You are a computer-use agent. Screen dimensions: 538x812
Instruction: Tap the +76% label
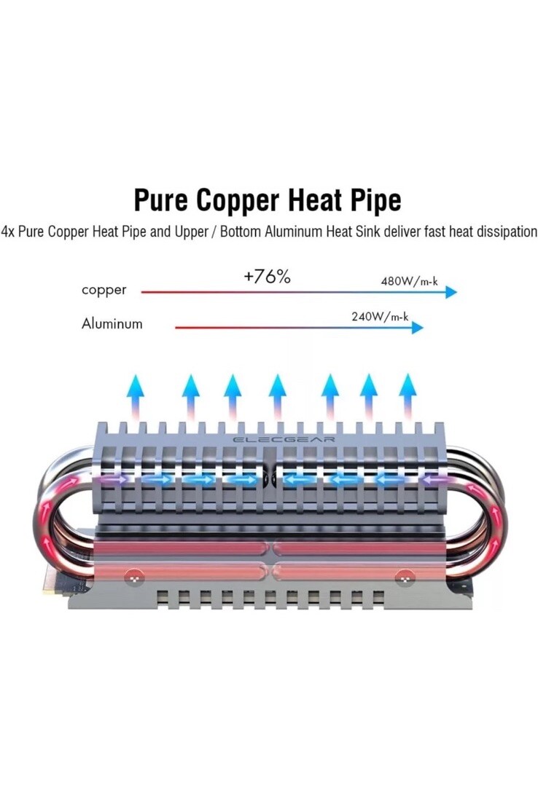click(267, 277)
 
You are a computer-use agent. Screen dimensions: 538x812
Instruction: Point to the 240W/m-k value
click(380, 317)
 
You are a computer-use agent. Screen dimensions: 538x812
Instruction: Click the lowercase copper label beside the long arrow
click(104, 290)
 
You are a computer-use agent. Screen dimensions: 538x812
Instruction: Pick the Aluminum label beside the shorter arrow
click(112, 324)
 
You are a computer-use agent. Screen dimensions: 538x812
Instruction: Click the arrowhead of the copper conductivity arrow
click(451, 292)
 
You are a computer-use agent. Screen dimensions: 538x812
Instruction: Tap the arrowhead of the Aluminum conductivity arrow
click(417, 328)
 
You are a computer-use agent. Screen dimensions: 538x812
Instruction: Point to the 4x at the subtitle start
click(8, 232)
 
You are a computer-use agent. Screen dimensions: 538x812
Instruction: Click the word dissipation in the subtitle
click(505, 232)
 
